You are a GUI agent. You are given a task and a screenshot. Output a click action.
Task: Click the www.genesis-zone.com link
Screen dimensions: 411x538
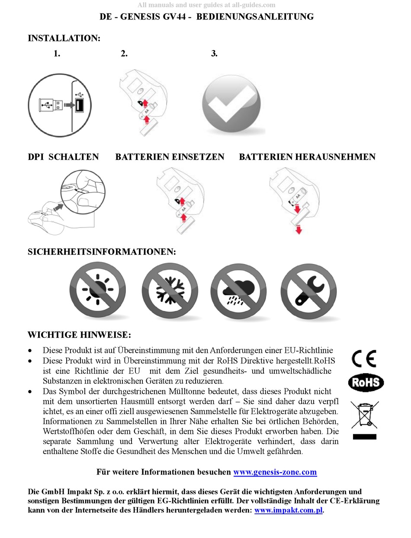275,472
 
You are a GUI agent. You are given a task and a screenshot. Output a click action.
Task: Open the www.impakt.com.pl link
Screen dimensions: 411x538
288,510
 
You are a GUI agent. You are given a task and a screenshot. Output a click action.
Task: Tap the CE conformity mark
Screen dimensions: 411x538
364,359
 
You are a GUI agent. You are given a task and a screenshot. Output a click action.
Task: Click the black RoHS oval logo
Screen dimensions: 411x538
366,382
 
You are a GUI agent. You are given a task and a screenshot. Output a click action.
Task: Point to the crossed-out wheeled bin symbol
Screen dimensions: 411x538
365,414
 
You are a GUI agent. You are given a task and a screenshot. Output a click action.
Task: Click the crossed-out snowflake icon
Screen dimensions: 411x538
170,291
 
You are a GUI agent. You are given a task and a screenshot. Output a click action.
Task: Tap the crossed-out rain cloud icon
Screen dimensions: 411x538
238,291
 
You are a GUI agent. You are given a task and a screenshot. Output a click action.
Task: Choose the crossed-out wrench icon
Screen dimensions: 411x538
308,291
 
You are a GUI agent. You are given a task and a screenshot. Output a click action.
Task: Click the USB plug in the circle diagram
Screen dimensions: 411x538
51,105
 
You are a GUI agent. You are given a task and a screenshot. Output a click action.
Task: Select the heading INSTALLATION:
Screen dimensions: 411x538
64,38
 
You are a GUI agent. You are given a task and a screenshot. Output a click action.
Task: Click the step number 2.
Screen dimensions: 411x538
124,54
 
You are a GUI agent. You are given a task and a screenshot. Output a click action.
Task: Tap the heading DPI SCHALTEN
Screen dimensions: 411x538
63,157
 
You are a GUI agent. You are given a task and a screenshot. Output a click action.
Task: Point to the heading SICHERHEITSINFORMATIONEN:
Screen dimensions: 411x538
102,252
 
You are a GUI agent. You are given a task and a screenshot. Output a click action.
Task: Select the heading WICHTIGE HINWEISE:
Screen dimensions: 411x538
79,335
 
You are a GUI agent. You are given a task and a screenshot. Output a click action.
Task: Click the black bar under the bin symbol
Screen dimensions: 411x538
364,436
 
